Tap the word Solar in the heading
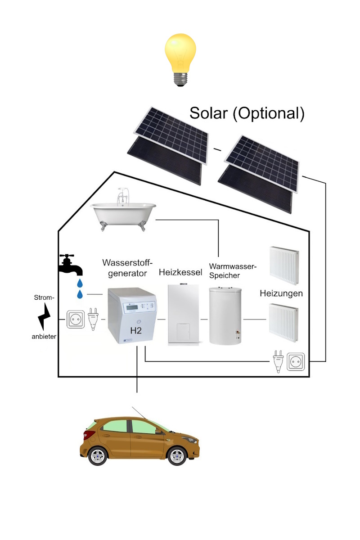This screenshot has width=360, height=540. coord(208,113)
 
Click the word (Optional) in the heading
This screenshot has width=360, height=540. coord(269,113)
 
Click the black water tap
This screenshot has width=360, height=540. coord(71,265)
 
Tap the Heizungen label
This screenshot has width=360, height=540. coord(281,293)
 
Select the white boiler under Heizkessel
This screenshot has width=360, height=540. coord(183,315)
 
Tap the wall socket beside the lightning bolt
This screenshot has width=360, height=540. coord(76,319)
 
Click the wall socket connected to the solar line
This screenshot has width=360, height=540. coord(297,362)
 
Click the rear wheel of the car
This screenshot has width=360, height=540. coord(97,456)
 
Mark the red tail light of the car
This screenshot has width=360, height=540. coord(89,434)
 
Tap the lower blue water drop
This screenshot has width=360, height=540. coord(80,294)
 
